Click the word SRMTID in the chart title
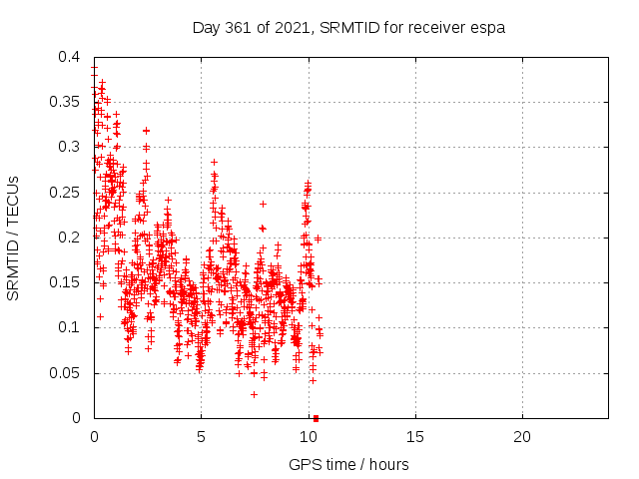coord(349,28)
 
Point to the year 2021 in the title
coord(291,28)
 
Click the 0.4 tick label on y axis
coord(69,57)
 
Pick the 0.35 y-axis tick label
coord(64,102)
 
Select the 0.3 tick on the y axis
coord(69,147)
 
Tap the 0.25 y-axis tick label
coord(64,193)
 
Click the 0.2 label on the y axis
coord(69,238)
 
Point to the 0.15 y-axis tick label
coord(64,282)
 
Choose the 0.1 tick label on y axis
coord(69,327)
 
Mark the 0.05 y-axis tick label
coord(64,372)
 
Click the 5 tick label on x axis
coord(201,437)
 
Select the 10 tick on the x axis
coord(309,437)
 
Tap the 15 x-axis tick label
coord(415,437)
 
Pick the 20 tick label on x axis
coord(522,437)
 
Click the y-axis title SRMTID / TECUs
coord(13,239)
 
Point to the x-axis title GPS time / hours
coord(348,465)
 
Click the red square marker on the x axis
coord(316,418)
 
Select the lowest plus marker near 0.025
coord(254,395)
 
